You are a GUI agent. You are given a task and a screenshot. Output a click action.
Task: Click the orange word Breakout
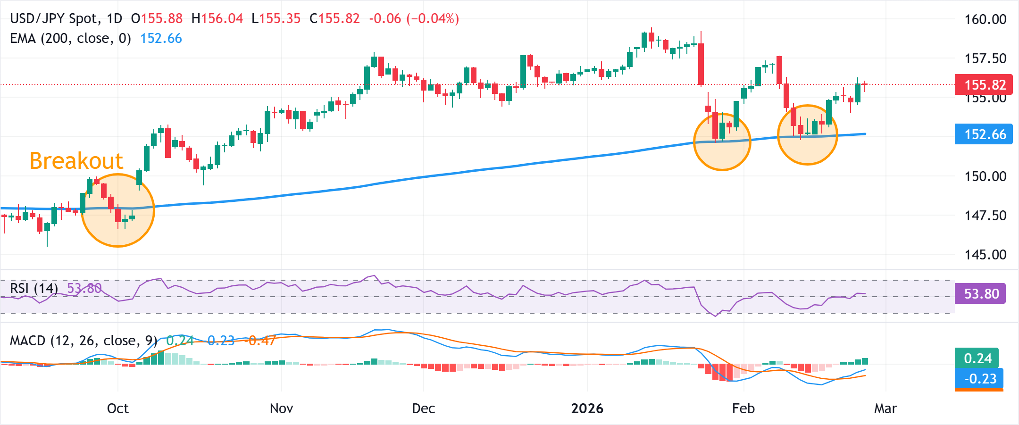click(76, 161)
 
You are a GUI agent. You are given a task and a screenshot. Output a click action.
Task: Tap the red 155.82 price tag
click(983, 84)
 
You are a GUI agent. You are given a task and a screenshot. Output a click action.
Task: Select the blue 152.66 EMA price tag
click(983, 134)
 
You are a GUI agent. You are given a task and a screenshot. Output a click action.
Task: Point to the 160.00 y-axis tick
click(985, 19)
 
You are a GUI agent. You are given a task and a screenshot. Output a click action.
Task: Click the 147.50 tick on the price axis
click(985, 216)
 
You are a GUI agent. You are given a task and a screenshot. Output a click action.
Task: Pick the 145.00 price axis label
click(985, 255)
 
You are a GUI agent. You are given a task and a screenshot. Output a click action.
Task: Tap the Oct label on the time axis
click(117, 408)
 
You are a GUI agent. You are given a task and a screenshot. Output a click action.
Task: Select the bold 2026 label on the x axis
click(587, 408)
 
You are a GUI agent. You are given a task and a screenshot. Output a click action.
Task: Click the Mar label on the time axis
click(885, 408)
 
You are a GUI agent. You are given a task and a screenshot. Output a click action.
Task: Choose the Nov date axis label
click(281, 408)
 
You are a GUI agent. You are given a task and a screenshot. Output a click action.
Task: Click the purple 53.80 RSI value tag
click(981, 294)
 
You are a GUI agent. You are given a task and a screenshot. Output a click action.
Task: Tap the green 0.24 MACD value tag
click(977, 358)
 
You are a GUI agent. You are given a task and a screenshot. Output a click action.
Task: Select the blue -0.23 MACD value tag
click(980, 379)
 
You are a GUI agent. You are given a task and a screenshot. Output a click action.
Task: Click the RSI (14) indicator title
click(34, 288)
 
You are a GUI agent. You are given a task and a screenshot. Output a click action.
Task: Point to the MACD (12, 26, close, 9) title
click(84, 341)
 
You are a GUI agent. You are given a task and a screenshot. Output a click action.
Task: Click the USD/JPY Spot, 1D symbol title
click(66, 19)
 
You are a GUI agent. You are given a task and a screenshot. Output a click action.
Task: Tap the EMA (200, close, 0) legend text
click(71, 38)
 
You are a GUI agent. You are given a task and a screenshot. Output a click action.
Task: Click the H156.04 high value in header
click(217, 19)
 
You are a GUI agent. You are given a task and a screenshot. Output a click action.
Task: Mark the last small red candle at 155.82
click(865, 84)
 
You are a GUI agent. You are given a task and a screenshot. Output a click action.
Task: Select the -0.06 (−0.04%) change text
click(414, 19)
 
